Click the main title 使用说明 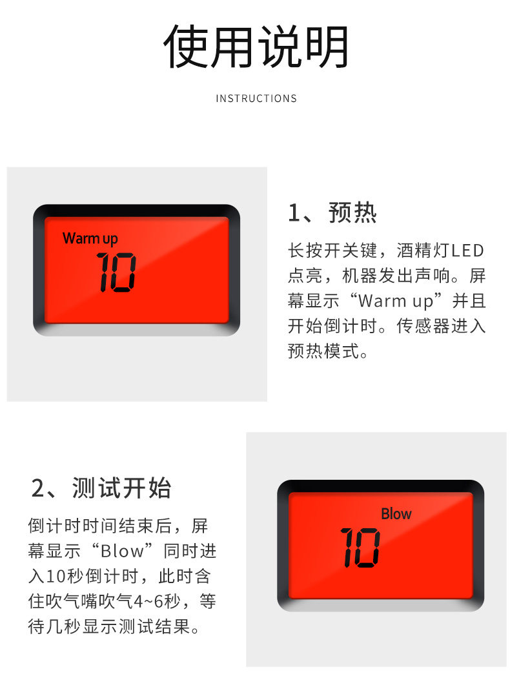[256, 46]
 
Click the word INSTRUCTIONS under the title [256, 98]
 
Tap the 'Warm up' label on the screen [90, 239]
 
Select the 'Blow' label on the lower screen [396, 513]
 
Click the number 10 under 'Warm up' [116, 272]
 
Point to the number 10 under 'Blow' [360, 548]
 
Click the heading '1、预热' [332, 213]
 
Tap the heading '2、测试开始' [101, 488]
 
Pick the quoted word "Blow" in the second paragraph [121, 551]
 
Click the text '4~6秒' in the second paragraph [156, 601]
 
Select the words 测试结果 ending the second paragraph [154, 626]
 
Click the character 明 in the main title [327, 46]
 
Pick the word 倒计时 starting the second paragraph [55, 526]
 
